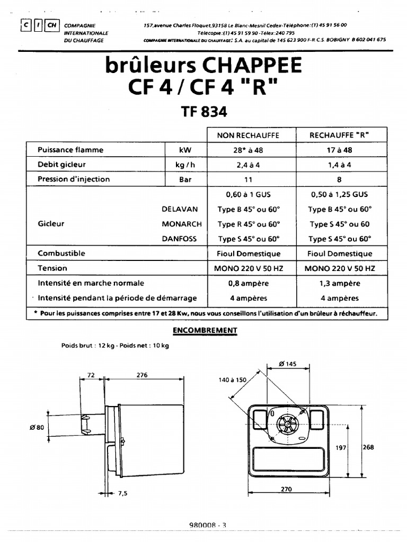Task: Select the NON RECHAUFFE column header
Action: coord(247,135)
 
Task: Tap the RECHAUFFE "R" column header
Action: coord(339,135)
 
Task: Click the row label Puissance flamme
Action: coord(70,150)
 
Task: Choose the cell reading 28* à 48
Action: coord(247,150)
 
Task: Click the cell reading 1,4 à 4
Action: coord(339,165)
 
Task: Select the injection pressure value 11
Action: coord(247,179)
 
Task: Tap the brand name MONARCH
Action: coord(179,224)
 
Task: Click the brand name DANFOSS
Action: coord(179,239)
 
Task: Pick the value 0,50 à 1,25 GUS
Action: coord(339,194)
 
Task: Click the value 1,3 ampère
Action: coord(339,283)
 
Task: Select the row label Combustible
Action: coord(61,254)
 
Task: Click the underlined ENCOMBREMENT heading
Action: coord(205,331)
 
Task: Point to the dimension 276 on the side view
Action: coord(142,375)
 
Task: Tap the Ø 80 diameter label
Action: coord(38,428)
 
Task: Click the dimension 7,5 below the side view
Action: coord(123,493)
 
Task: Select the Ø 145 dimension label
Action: coord(288,363)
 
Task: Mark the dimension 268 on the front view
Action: coord(368,447)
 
